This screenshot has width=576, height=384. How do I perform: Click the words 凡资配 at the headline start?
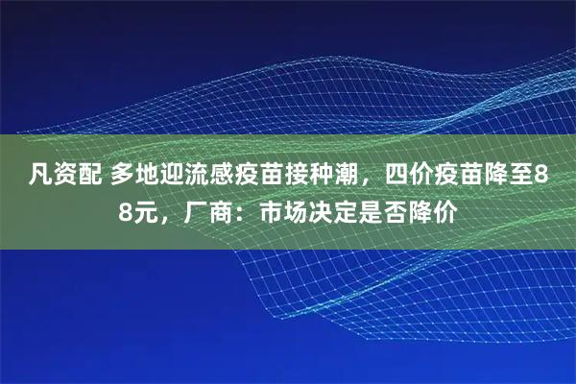[x=62, y=177]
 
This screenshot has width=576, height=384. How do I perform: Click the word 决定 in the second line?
[x=326, y=210]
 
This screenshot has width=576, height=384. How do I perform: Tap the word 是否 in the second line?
[x=376, y=210]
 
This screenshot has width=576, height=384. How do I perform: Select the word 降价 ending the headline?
[x=426, y=210]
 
